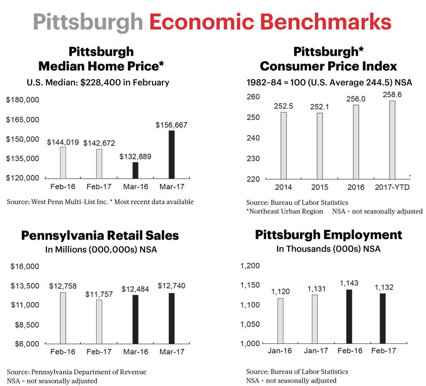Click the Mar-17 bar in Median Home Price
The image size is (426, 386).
tap(171, 154)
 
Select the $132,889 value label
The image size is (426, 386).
tap(135, 157)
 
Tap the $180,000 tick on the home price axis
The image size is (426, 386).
tap(22, 100)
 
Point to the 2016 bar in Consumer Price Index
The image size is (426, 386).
tap(356, 142)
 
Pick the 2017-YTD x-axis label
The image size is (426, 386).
tap(392, 187)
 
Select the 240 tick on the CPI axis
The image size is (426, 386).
tap(254, 138)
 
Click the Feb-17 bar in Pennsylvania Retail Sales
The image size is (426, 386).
tap(99, 322)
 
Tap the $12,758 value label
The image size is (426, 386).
tap(63, 286)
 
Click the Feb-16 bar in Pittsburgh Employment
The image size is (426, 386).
tap(349, 317)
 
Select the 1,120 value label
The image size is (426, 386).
tap(280, 292)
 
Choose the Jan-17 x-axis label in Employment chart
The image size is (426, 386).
tap(316, 351)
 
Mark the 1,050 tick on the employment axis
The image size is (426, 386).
tap(250, 324)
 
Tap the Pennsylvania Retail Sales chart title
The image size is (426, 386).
tap(100, 235)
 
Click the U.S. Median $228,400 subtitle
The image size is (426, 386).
tap(98, 82)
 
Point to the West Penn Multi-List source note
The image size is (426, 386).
tap(100, 202)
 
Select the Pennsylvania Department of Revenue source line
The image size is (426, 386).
tap(77, 372)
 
